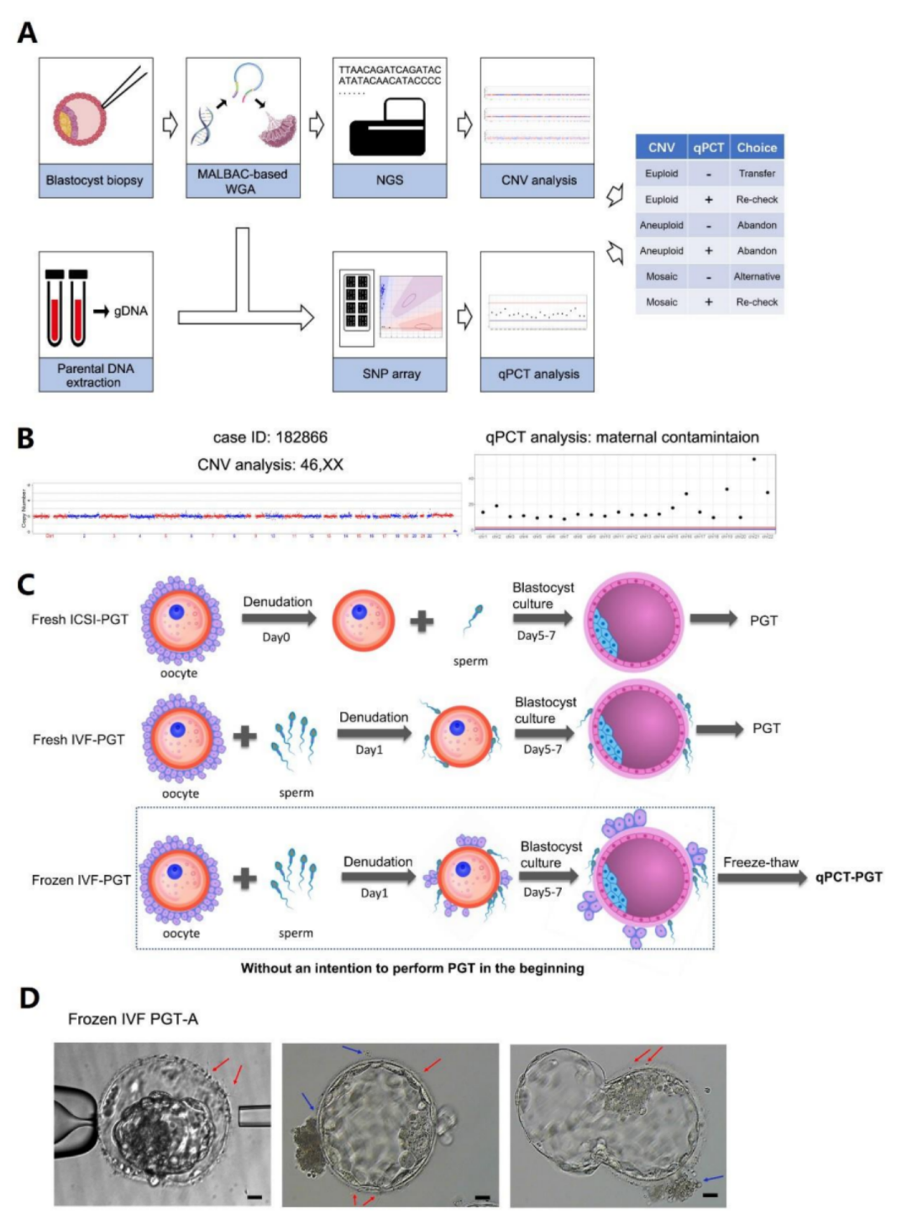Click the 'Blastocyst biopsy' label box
pyautogui.click(x=95, y=181)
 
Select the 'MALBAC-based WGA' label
pyautogui.click(x=242, y=181)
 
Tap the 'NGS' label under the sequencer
pyautogui.click(x=390, y=181)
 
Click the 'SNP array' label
pyautogui.click(x=391, y=374)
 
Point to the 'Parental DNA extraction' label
pyautogui.click(x=95, y=375)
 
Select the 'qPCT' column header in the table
pyautogui.click(x=708, y=148)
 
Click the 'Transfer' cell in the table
pyautogui.click(x=757, y=174)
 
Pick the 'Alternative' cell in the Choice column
pyautogui.click(x=757, y=276)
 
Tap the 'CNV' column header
pyautogui.click(x=661, y=148)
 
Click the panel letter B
pyautogui.click(x=26, y=438)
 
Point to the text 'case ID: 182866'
pyautogui.click(x=270, y=437)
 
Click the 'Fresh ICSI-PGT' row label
pyautogui.click(x=80, y=620)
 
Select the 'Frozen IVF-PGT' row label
pyautogui.click(x=81, y=880)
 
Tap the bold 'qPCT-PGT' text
pyautogui.click(x=848, y=877)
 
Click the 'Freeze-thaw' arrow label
pyautogui.click(x=761, y=863)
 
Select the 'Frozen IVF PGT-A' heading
pyautogui.click(x=133, y=1019)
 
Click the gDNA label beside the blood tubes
pyautogui.click(x=130, y=311)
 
